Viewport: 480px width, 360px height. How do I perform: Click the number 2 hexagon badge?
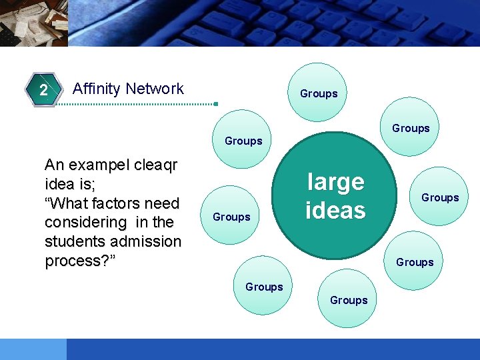pyautogui.click(x=43, y=90)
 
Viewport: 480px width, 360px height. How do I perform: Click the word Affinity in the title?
pyautogui.click(x=97, y=89)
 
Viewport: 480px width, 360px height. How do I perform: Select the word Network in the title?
pyautogui.click(x=155, y=89)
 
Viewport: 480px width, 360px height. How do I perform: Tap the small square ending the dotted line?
pyautogui.click(x=215, y=104)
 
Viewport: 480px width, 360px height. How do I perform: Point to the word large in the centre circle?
pyautogui.click(x=335, y=181)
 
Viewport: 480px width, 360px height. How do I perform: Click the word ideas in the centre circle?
pyautogui.click(x=335, y=210)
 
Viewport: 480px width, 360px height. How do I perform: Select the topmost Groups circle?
pyautogui.click(x=319, y=93)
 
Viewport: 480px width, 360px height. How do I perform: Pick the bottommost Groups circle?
pyautogui.click(x=349, y=300)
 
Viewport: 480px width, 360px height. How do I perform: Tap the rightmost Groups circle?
pyautogui.click(x=440, y=197)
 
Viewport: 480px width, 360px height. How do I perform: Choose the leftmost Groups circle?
pyautogui.click(x=231, y=216)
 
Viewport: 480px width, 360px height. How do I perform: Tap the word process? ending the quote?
pyautogui.click(x=80, y=260)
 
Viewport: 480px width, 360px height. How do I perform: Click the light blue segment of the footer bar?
pyautogui.click(x=33, y=349)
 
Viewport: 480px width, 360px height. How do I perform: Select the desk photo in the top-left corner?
pyautogui.click(x=33, y=23)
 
